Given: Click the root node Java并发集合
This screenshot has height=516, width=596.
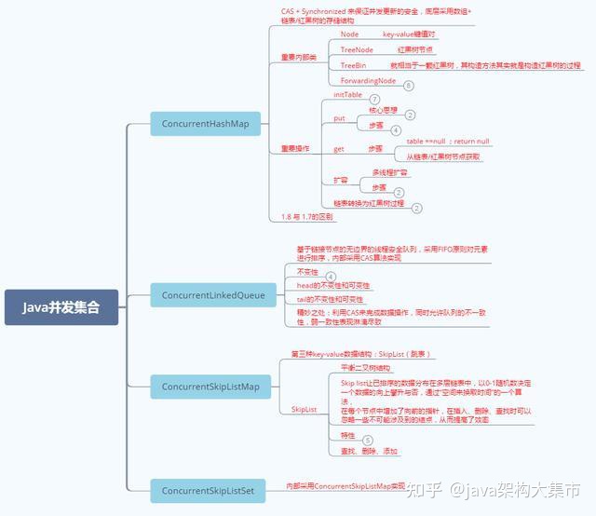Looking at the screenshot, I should pos(61,306).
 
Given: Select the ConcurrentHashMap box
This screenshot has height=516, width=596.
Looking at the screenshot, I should pos(206,124).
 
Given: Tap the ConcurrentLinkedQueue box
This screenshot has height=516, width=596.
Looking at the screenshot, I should pos(212,295).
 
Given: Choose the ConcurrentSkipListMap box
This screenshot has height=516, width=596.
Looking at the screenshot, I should pos(210,386).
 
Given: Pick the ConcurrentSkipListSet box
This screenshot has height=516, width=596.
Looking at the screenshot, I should pos(210,490).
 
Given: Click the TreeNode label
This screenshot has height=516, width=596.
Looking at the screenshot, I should pos(357,49).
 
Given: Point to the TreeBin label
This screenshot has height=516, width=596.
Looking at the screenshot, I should pos(353,65).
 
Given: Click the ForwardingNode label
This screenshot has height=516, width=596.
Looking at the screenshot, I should pos(368,81).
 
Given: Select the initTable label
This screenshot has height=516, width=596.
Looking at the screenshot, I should pos(347,95).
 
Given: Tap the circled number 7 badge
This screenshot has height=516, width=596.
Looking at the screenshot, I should pos(374,100).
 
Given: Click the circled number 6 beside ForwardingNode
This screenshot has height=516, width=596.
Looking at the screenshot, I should pos(408,85).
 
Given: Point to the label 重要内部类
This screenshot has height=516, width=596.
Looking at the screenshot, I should pos(299,58).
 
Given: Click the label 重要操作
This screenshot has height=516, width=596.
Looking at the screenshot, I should pos(295,148).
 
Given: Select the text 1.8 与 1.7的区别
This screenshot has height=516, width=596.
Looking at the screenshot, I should pos(307,216).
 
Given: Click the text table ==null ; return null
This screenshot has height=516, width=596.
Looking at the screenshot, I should pos(447,141).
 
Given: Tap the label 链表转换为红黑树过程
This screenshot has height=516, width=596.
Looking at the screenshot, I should pos(369,202).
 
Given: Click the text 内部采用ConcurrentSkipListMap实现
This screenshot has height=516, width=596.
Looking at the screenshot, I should pos(345,485).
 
